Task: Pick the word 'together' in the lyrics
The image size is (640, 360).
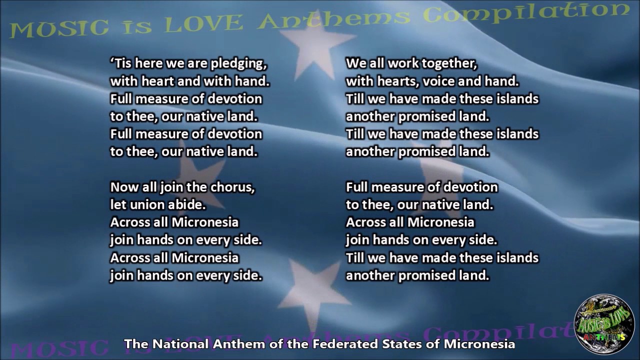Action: pyautogui.click(x=449, y=64)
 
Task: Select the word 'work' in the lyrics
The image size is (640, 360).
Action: pyautogui.click(x=403, y=63)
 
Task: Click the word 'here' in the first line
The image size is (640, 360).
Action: pyautogui.click(x=146, y=63)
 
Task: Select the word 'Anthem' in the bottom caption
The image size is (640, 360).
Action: pyautogui.click(x=239, y=344)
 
